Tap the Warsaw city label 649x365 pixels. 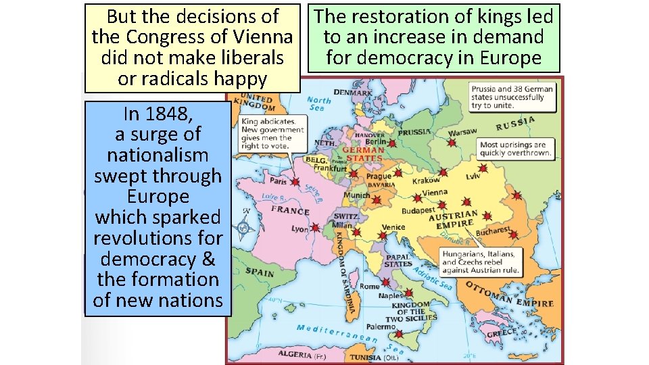(x=463, y=131)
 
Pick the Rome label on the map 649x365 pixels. (x=369, y=286)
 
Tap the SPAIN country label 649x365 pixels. (x=260, y=272)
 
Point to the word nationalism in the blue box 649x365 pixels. (x=158, y=155)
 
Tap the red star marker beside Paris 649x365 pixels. (x=295, y=182)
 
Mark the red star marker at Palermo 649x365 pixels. (x=399, y=334)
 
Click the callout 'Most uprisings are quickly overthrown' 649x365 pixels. (x=515, y=149)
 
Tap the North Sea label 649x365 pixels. (x=318, y=103)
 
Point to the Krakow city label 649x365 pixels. (x=426, y=180)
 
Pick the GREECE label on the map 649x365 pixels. (x=502, y=333)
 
